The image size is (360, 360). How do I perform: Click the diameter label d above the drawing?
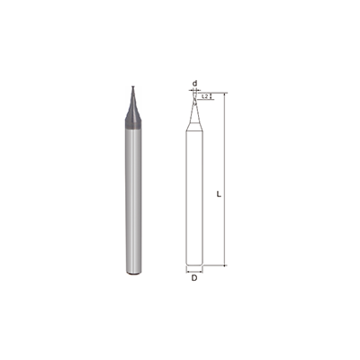pos(194,82)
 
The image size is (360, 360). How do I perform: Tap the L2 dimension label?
pos(205,94)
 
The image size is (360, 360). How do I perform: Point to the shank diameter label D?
pos(194,278)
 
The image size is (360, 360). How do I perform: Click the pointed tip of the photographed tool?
pos(131,87)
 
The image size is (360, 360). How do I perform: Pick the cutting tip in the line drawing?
pos(194,94)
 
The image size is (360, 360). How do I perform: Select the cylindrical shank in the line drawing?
pos(194,198)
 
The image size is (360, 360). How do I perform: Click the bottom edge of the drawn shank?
pos(194,265)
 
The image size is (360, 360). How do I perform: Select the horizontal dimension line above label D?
pos(194,270)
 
